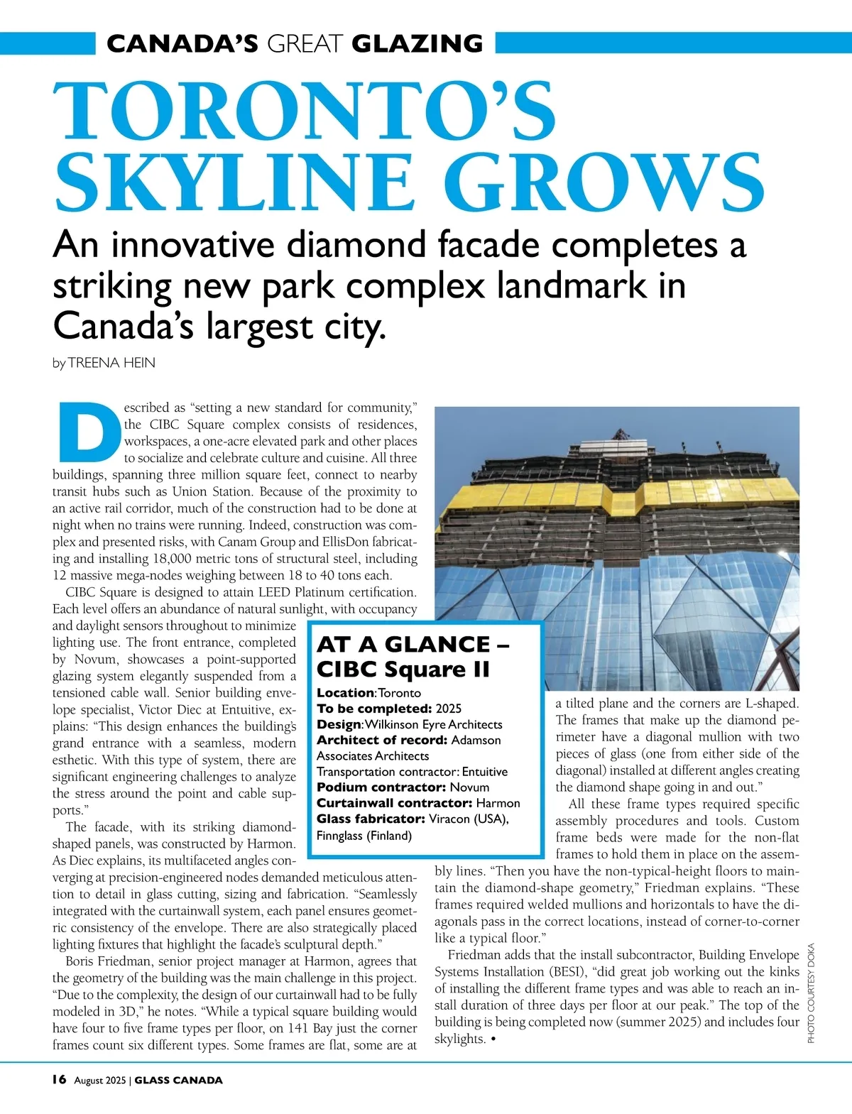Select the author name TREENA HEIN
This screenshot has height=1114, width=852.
pyautogui.click(x=111, y=363)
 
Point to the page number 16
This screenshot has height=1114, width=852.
pyautogui.click(x=59, y=1080)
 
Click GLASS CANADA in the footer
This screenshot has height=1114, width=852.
pyautogui.click(x=178, y=1081)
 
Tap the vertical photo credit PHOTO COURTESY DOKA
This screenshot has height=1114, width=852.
pyautogui.click(x=811, y=993)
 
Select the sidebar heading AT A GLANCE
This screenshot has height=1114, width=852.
pyautogui.click(x=403, y=644)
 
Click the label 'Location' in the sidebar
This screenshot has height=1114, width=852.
pyautogui.click(x=345, y=693)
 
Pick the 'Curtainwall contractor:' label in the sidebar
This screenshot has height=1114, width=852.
pyautogui.click(x=395, y=803)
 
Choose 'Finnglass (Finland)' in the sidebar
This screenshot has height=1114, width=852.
pyautogui.click(x=364, y=836)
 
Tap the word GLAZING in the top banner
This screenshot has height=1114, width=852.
pyautogui.click(x=417, y=44)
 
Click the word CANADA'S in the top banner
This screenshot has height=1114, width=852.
pyautogui.click(x=182, y=44)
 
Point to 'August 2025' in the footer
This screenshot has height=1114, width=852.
pyautogui.click(x=100, y=1081)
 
